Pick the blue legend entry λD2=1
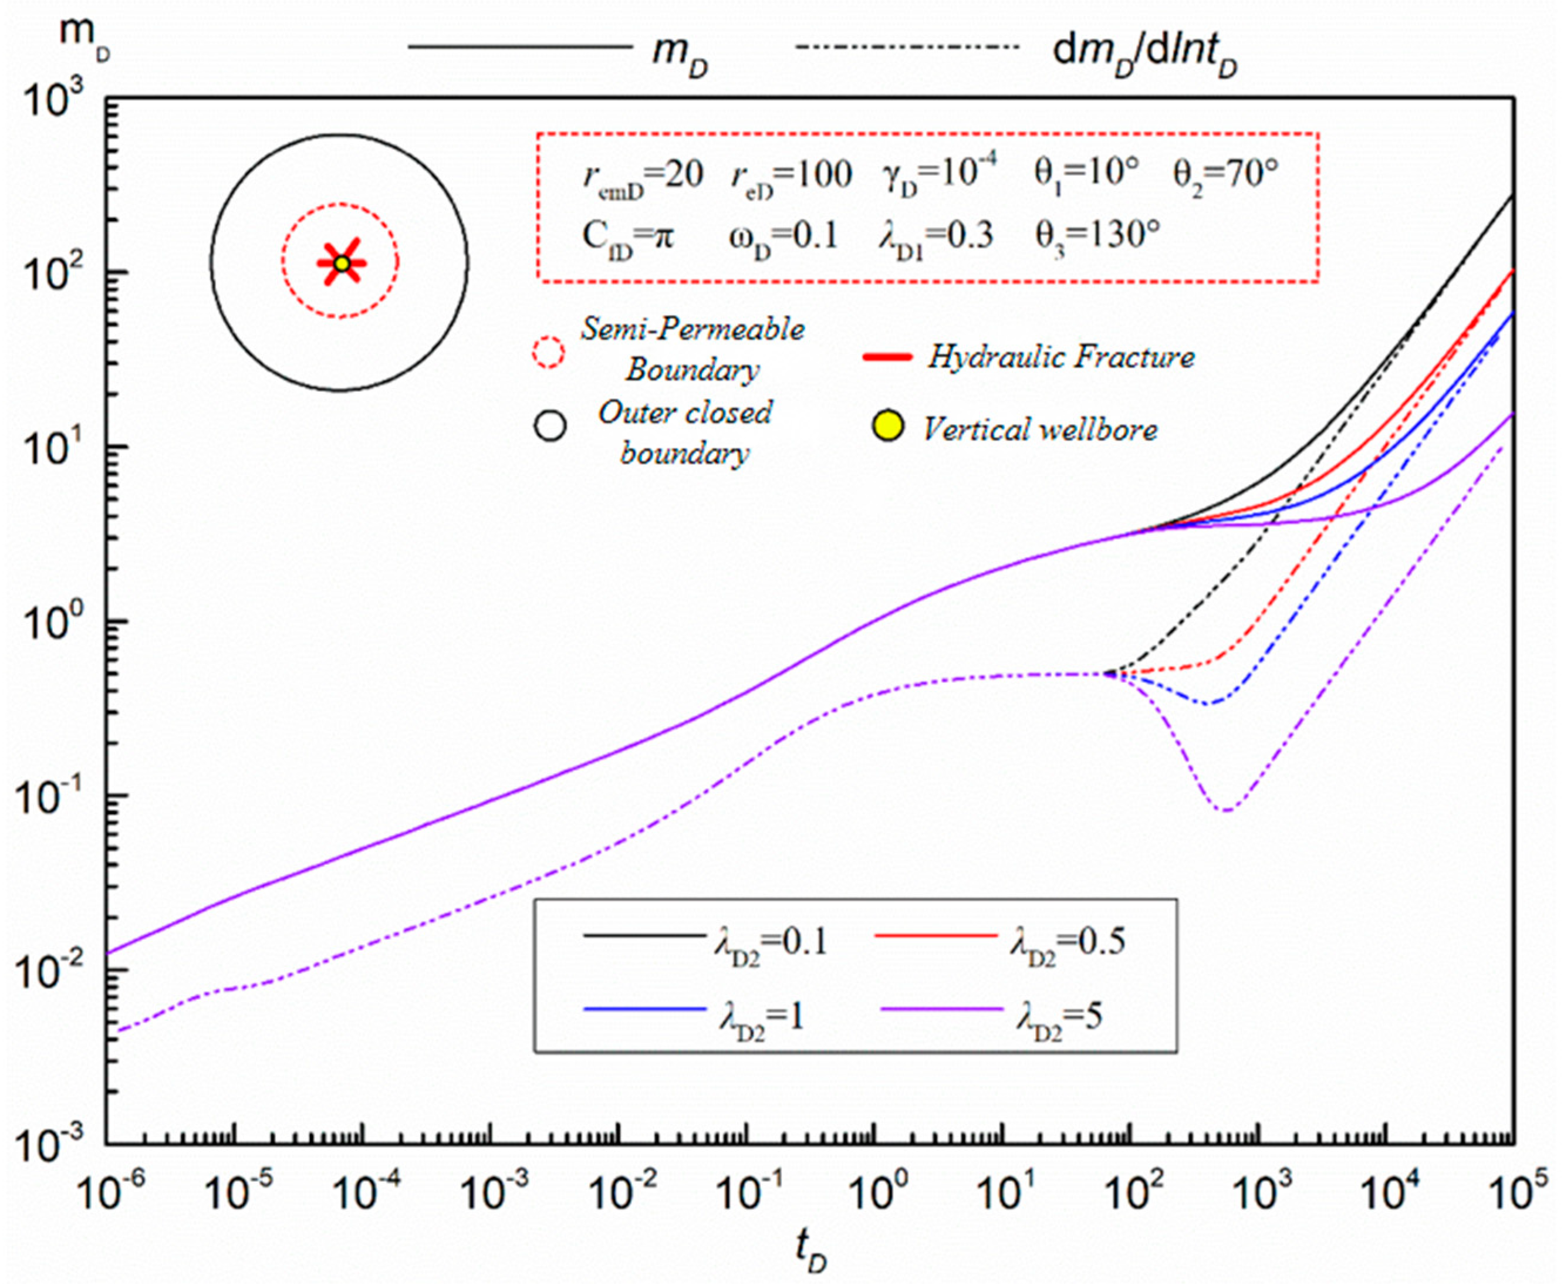click(x=762, y=1019)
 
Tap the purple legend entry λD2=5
click(x=1059, y=1019)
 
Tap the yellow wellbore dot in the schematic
click(x=341, y=263)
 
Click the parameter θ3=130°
click(x=1096, y=236)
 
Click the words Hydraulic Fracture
click(x=1060, y=357)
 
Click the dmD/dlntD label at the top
click(x=1144, y=52)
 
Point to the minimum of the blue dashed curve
click(x=1208, y=702)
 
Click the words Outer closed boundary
click(x=685, y=432)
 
